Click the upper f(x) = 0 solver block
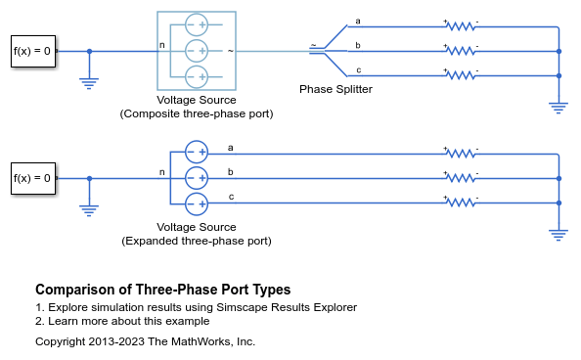[x=32, y=51]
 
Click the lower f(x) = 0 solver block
[x=32, y=178]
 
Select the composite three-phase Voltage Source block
[x=197, y=50]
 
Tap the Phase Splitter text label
[x=335, y=89]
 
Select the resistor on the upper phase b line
[x=460, y=50]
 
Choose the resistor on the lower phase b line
[x=460, y=178]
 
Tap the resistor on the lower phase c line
[x=460, y=202]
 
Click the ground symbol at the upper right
[x=559, y=107]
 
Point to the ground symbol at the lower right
[x=559, y=234]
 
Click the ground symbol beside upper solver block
[x=90, y=83]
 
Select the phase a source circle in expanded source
[x=197, y=153]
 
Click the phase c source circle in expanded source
[x=197, y=202]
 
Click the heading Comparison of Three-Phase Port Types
[x=162, y=291]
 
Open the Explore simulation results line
[x=196, y=307]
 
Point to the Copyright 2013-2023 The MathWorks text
[x=145, y=341]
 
